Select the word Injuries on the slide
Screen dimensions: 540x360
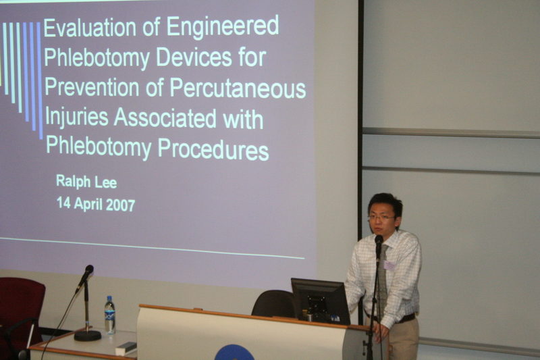pyautogui.click(x=77, y=117)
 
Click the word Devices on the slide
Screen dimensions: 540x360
pyautogui.click(x=194, y=57)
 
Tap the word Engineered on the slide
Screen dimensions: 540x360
pyautogui.click(x=223, y=26)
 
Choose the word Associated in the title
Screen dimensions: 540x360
pyautogui.click(x=165, y=118)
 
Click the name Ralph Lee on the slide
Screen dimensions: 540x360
pyautogui.click(x=86, y=182)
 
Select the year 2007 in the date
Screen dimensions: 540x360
pyautogui.click(x=120, y=205)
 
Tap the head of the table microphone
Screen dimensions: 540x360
pyautogui.click(x=88, y=269)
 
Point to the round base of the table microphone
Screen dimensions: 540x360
pyautogui.click(x=88, y=335)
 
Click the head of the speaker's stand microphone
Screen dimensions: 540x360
pyautogui.click(x=379, y=240)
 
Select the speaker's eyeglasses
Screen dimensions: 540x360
pyautogui.click(x=382, y=217)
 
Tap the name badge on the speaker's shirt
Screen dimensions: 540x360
pyautogui.click(x=389, y=265)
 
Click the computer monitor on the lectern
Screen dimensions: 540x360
pyautogui.click(x=320, y=301)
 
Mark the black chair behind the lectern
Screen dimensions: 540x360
pyautogui.click(x=273, y=303)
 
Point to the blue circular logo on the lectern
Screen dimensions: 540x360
pyautogui.click(x=234, y=353)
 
